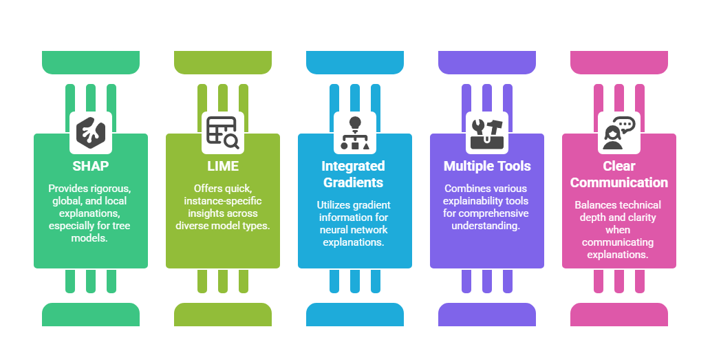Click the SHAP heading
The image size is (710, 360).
[x=91, y=166]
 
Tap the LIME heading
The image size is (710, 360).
[x=223, y=166]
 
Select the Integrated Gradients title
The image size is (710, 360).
[x=354, y=174]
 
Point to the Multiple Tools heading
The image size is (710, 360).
[x=487, y=166]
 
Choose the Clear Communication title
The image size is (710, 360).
[x=618, y=174]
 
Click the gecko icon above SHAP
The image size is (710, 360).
[x=91, y=132]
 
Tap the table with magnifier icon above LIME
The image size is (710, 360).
[x=223, y=132]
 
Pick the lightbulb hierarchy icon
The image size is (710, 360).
[x=355, y=132]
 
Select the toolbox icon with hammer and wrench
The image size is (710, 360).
[x=487, y=132]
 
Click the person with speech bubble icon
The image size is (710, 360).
[x=619, y=132]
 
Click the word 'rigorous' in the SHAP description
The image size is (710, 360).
[x=114, y=189]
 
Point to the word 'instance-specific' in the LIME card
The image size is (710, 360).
[x=222, y=201]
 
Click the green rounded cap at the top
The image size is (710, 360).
[x=91, y=63]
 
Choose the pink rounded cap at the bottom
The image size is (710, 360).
[x=619, y=315]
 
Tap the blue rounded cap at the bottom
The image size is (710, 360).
[x=355, y=315]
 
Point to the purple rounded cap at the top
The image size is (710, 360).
[x=487, y=63]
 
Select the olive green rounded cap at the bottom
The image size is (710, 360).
[x=223, y=315]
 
